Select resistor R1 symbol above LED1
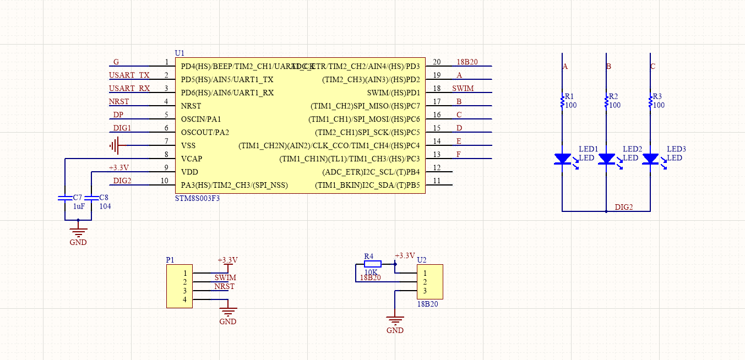tap(562, 101)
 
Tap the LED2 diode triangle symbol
tap(606, 159)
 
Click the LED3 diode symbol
tap(650, 159)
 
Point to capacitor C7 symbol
tap(65, 197)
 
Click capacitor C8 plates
tap(91, 197)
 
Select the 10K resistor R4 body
tap(373, 264)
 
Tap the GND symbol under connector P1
tap(227, 312)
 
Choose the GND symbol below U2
tap(395, 320)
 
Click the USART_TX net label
tap(129, 75)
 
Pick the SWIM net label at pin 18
tap(463, 88)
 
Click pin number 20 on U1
tap(437, 62)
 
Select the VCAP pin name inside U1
tap(191, 159)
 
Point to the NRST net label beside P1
tap(224, 286)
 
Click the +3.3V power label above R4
tap(405, 255)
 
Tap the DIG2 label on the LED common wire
tap(623, 207)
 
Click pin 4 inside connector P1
tap(185, 299)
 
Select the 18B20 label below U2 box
tap(427, 304)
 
